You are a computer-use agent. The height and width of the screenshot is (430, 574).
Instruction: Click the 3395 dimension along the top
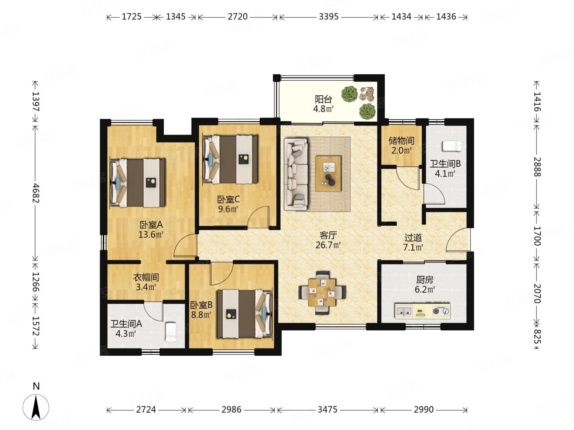coord(329,17)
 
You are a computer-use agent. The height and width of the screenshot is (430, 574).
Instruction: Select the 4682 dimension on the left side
coord(36,193)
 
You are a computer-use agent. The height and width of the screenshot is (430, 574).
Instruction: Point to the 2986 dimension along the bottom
coord(231,410)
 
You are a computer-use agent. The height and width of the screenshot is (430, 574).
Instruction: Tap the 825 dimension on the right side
coord(536,336)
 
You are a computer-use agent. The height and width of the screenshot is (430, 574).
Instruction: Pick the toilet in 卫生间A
coord(171,332)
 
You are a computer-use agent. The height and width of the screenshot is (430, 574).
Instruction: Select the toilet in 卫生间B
coord(452,146)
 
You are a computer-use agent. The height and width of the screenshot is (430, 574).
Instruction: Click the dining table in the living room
coord(322,292)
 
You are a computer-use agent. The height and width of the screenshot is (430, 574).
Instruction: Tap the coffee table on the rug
coord(328,174)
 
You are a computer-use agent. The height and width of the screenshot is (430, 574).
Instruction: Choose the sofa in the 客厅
coord(296,174)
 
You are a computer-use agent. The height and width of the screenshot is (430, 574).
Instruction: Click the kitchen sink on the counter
coord(404,311)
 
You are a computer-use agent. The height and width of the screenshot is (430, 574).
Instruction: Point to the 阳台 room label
coord(323,99)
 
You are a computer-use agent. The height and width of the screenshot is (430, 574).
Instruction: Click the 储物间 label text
coord(401,141)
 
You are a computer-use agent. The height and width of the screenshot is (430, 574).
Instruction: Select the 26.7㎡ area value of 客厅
coord(328,245)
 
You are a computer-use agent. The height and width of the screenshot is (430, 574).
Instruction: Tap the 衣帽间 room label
coord(146,277)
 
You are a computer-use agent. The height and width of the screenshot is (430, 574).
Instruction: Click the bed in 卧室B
coord(245,314)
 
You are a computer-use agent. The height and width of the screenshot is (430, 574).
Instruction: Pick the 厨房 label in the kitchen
coord(424,280)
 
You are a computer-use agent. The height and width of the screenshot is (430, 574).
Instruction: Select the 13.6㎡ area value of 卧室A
coord(151,235)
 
